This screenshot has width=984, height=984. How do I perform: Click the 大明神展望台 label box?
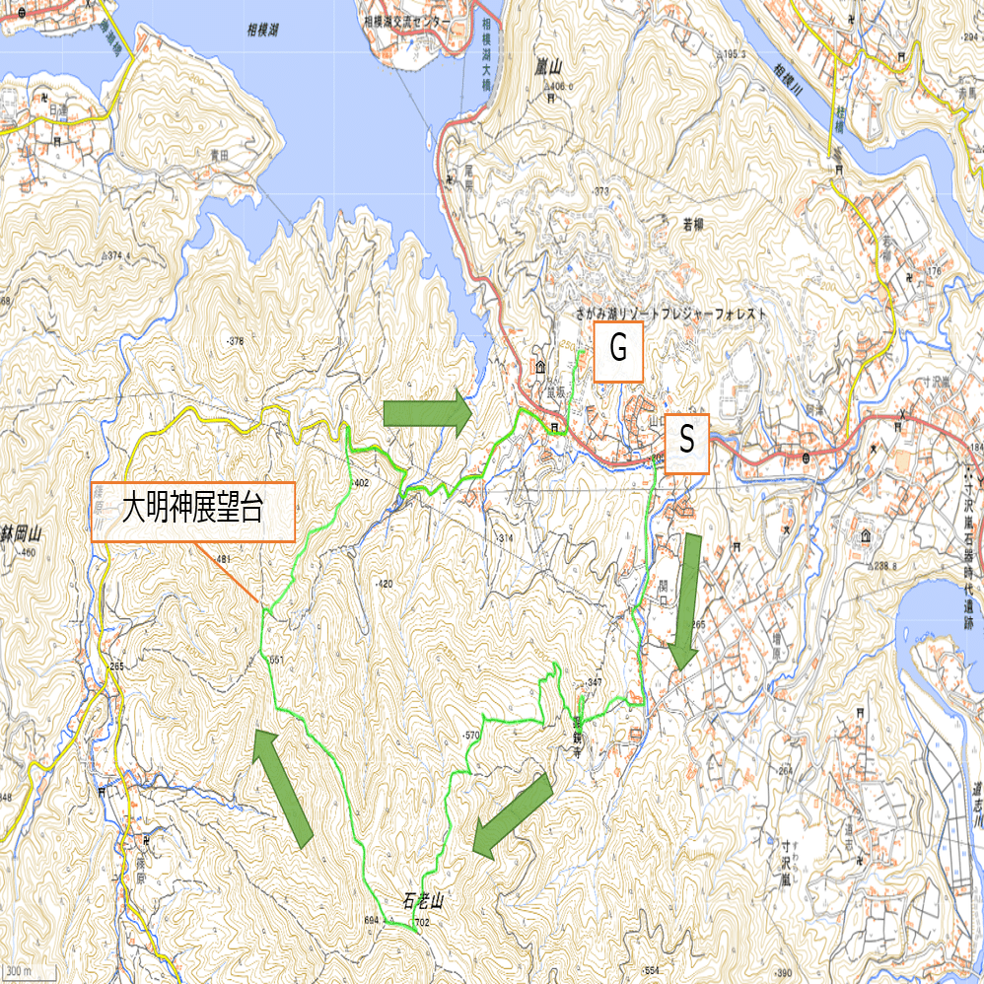point(192,512)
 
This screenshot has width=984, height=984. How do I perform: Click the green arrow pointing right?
point(427,413)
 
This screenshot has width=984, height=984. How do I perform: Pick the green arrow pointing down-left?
point(512,814)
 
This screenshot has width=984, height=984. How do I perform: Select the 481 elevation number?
point(222,559)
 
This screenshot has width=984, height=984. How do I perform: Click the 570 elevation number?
point(470,736)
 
